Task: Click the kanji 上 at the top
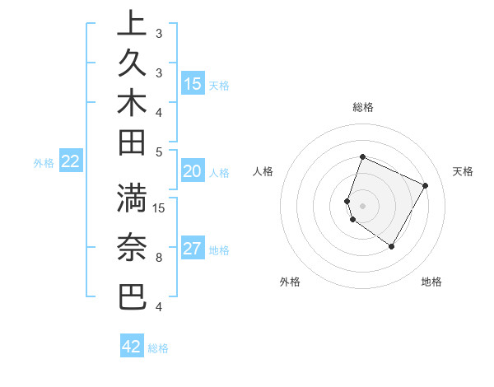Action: pyautogui.click(x=132, y=23)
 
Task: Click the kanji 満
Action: pyautogui.click(x=132, y=198)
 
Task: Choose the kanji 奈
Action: pyautogui.click(x=132, y=248)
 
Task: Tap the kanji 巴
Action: pyautogui.click(x=132, y=296)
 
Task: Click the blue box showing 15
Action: pyautogui.click(x=193, y=84)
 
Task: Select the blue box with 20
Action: pyautogui.click(x=192, y=171)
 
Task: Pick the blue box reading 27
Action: pyautogui.click(x=193, y=249)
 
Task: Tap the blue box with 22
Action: pyautogui.click(x=70, y=162)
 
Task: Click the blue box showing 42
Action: pyautogui.click(x=132, y=347)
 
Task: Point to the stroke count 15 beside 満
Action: pyautogui.click(x=160, y=207)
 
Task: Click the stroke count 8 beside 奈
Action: pyautogui.click(x=159, y=258)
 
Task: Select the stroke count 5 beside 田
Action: pyautogui.click(x=159, y=152)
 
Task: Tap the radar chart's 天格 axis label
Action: pyautogui.click(x=463, y=171)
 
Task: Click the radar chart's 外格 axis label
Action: pyautogui.click(x=290, y=282)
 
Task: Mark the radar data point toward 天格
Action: pyautogui.click(x=425, y=185)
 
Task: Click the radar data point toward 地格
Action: pyautogui.click(x=392, y=246)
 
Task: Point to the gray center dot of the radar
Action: pyautogui.click(x=362, y=205)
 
